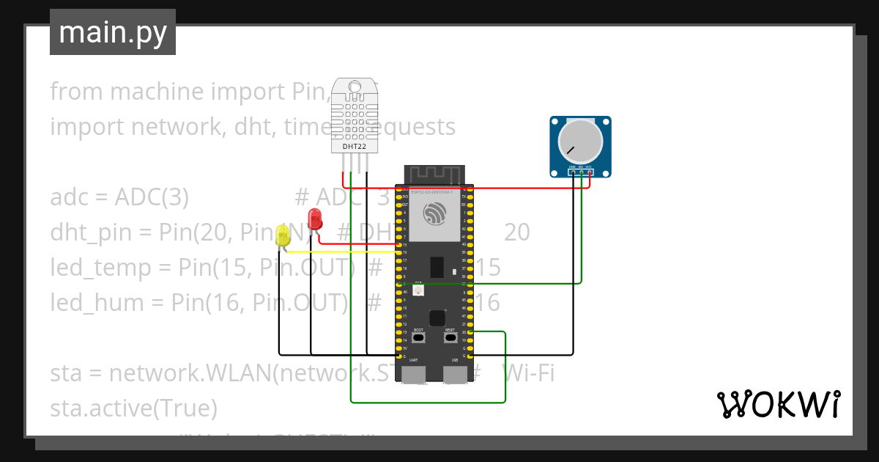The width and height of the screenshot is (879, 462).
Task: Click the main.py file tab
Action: (112, 32)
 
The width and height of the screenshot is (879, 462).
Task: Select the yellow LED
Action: (283, 235)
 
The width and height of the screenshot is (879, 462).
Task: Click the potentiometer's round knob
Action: (581, 142)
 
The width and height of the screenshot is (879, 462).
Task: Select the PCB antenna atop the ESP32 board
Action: (435, 175)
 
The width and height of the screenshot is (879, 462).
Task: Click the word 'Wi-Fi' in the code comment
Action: (527, 373)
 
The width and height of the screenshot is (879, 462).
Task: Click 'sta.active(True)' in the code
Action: (133, 407)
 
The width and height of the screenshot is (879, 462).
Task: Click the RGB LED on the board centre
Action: (418, 290)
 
